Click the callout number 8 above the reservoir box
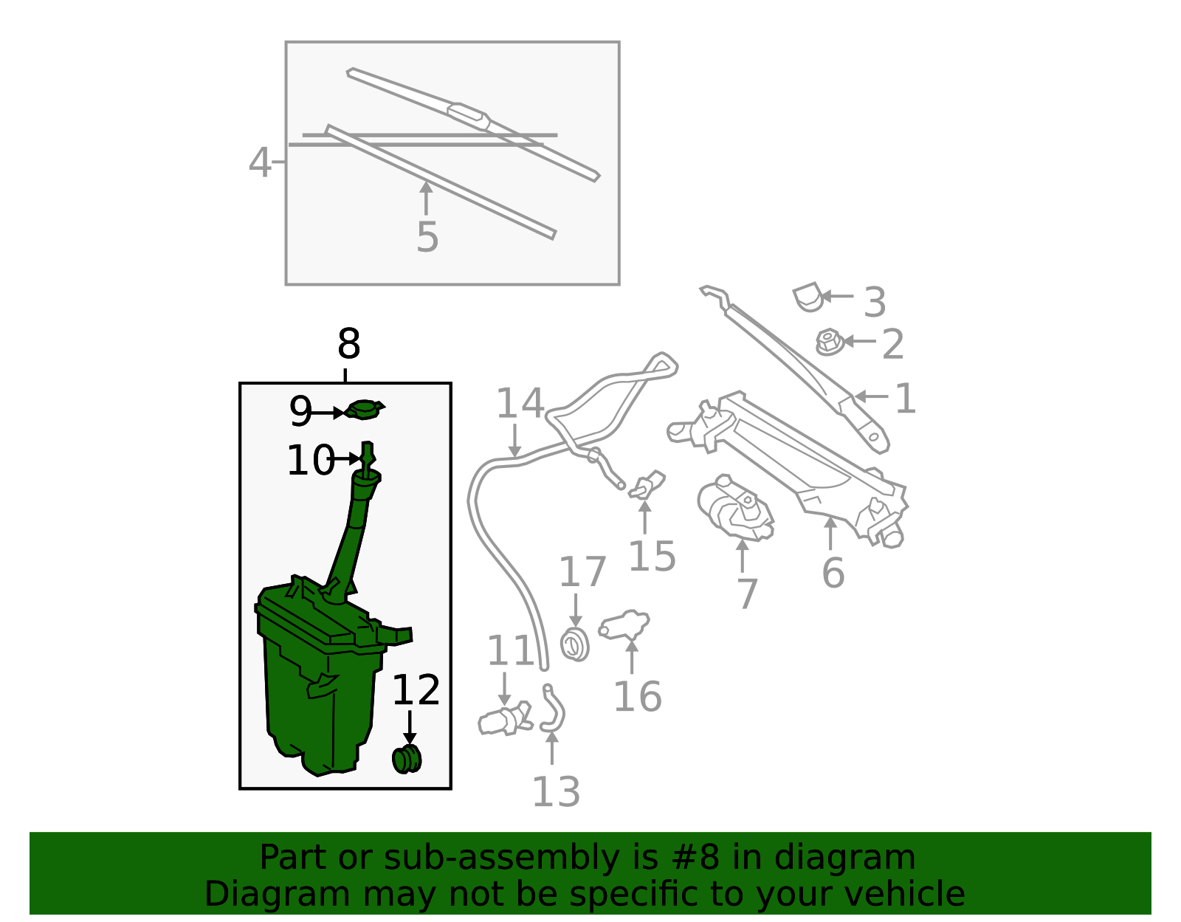point(348,343)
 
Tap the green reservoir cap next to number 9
point(365,410)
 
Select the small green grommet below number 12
point(407,759)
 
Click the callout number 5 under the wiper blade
point(427,237)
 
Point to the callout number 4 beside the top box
point(259,162)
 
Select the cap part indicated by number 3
point(808,297)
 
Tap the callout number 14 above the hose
point(520,402)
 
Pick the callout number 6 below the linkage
point(833,573)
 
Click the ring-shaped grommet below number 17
point(575,644)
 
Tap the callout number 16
point(638,697)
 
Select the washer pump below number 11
point(506,719)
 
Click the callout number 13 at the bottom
point(556,791)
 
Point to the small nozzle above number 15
point(647,485)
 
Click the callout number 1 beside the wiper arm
point(905,398)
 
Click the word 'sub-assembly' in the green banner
point(502,857)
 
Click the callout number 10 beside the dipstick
point(310,460)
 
